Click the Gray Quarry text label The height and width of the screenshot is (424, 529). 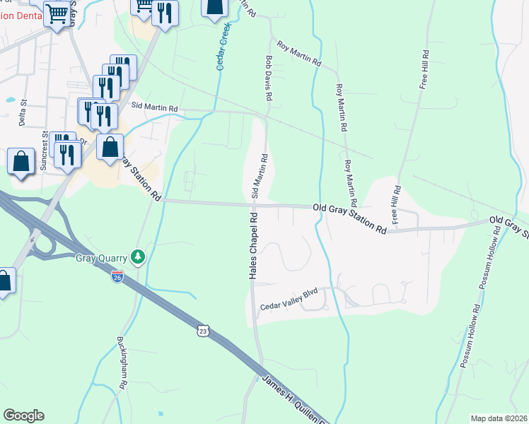pos(104,257)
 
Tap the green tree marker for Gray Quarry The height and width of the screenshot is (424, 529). pos(141,256)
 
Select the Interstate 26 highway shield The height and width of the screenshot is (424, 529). pos(117,277)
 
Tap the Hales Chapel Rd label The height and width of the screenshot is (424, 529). pos(252,245)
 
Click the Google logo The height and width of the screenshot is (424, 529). pos(23,416)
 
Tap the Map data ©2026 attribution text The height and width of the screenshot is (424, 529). pos(499,418)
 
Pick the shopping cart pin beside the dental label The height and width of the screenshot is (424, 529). pos(57,14)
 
